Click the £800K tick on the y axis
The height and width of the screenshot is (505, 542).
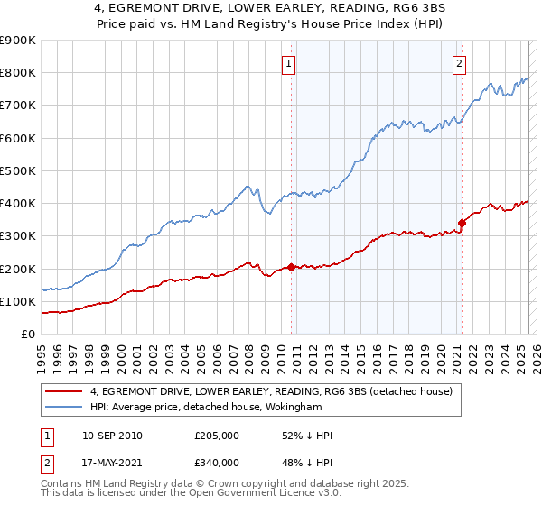click(19, 73)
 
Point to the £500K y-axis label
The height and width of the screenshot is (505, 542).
click(19, 170)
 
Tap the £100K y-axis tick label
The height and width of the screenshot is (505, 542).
click(19, 301)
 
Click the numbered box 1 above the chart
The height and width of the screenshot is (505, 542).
click(287, 63)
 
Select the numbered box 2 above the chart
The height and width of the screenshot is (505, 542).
click(460, 63)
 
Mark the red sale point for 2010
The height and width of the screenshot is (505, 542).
click(291, 267)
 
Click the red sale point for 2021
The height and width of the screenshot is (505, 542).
click(462, 223)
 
